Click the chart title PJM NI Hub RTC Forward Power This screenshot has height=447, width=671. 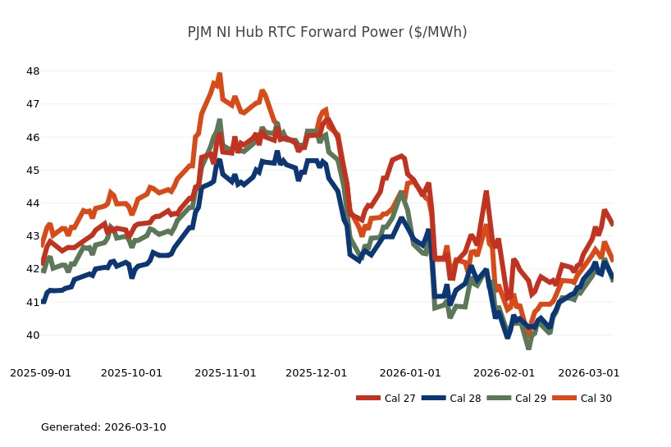(327, 32)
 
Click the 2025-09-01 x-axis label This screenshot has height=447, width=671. (41, 372)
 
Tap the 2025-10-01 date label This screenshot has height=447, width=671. (132, 372)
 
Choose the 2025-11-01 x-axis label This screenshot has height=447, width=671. (226, 372)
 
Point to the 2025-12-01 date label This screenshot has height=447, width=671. (316, 372)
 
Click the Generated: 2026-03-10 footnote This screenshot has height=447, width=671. (103, 427)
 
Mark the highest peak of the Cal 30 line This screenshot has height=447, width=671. (219, 75)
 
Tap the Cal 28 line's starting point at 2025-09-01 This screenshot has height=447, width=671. (43, 302)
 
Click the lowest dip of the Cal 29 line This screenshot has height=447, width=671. (528, 347)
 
